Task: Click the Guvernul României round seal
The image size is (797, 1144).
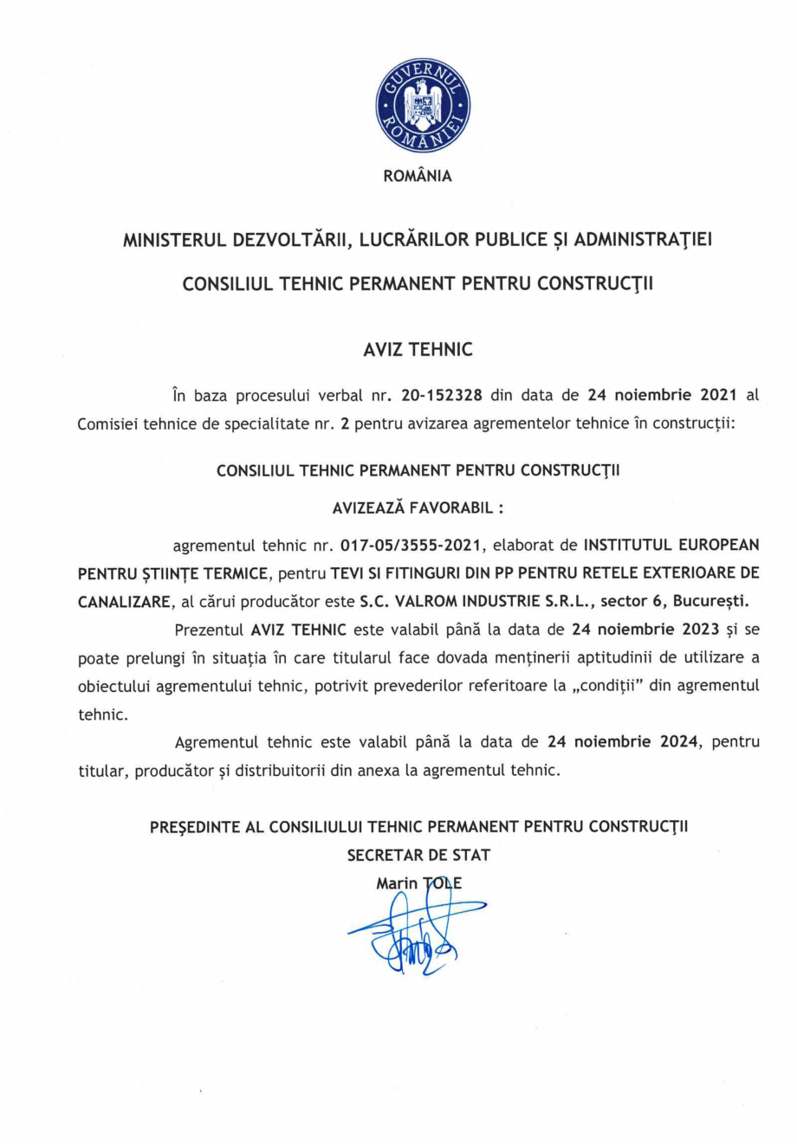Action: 422,107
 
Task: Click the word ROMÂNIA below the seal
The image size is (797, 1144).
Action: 418,176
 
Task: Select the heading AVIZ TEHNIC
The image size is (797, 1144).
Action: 418,350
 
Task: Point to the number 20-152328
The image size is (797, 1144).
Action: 442,396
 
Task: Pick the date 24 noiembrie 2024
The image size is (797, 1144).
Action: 623,742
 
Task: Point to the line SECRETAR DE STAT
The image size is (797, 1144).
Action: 418,856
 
